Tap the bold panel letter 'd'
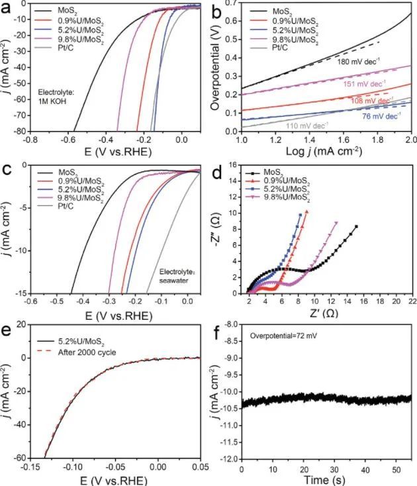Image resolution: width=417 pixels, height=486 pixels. point(221,173)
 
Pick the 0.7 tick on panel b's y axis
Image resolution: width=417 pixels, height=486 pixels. point(230,3)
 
